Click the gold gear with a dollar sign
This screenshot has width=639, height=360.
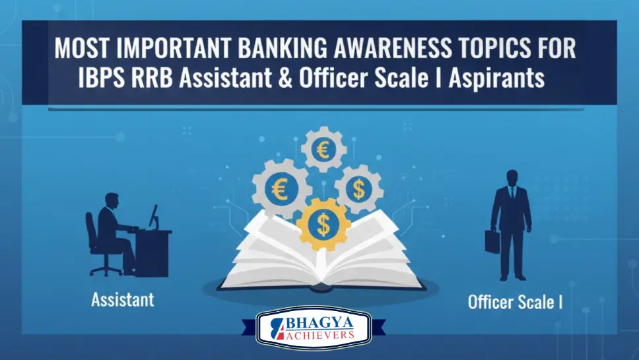pos(323,225)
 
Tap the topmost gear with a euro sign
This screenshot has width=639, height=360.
pos(324,150)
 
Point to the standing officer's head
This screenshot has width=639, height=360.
pos(512,178)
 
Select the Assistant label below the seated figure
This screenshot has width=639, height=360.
pos(123,299)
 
